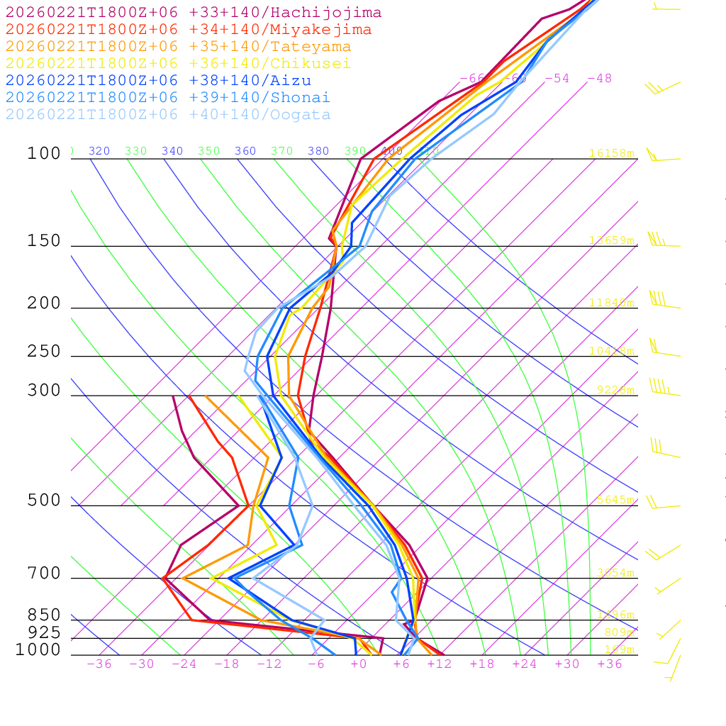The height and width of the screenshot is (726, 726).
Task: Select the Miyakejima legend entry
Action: (x=189, y=30)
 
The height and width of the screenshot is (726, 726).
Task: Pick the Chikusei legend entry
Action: (x=178, y=64)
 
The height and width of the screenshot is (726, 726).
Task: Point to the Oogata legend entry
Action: (x=168, y=115)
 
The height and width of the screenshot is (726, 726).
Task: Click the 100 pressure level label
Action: (x=44, y=154)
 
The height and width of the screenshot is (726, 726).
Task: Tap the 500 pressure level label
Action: (x=44, y=501)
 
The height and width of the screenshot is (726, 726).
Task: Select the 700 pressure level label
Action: (x=44, y=574)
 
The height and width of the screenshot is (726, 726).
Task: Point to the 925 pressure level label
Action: (x=44, y=632)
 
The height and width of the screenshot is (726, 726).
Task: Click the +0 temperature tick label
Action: (x=359, y=664)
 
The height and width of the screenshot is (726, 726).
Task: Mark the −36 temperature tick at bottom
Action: (x=99, y=664)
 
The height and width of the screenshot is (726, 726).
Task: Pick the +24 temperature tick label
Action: (x=525, y=664)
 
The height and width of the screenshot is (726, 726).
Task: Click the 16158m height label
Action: (x=611, y=153)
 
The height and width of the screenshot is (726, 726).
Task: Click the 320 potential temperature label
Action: (x=99, y=151)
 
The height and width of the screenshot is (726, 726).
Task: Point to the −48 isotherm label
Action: (x=599, y=79)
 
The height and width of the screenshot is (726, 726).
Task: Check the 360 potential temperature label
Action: (x=245, y=151)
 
